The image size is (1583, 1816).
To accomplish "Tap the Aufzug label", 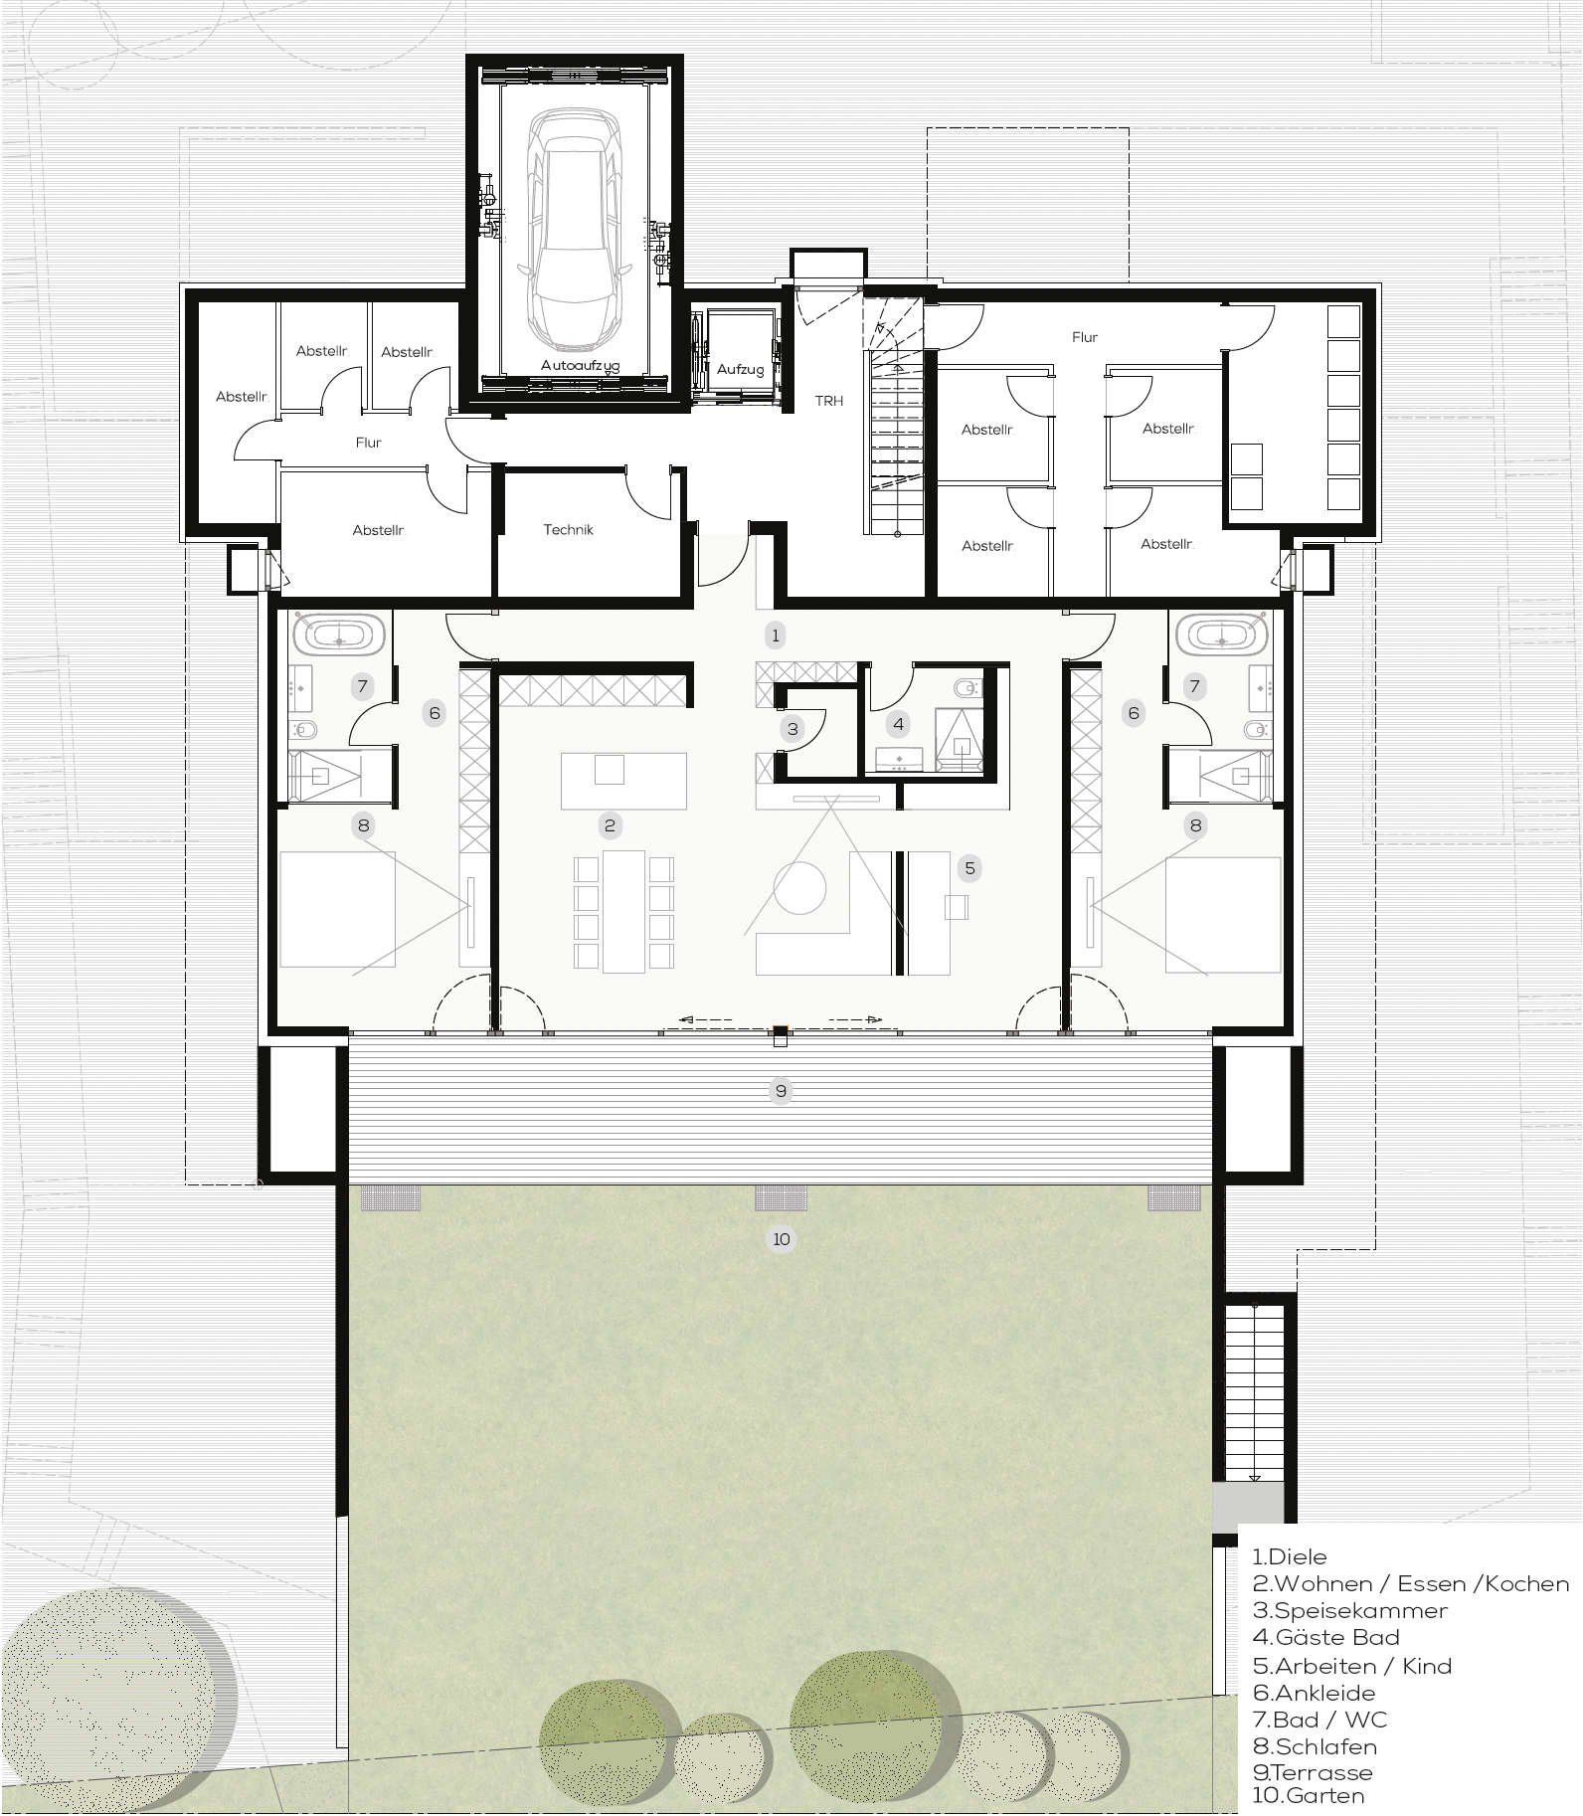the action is (x=741, y=370).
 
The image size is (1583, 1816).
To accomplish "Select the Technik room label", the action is (x=569, y=530).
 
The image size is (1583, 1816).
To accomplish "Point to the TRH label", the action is (x=829, y=401).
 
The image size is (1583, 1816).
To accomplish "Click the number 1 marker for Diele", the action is (x=776, y=635).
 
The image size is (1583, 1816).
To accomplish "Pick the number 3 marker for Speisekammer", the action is (x=792, y=729).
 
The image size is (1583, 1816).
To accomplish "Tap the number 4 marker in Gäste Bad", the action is (x=899, y=724).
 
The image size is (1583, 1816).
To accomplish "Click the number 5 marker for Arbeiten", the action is (x=969, y=868).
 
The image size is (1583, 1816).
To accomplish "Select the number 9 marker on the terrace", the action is (x=781, y=1092).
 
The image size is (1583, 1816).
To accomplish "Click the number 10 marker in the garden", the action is (x=782, y=1239).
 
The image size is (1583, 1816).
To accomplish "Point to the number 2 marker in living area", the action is (x=610, y=824).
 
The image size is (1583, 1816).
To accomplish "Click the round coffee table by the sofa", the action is (x=800, y=888).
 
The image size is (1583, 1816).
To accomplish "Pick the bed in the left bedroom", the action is (x=338, y=909).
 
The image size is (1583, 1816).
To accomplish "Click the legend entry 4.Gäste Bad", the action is (x=1325, y=1637).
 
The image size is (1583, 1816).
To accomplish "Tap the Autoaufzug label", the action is (x=580, y=366).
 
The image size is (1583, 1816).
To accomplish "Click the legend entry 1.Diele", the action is (x=1290, y=1556).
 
